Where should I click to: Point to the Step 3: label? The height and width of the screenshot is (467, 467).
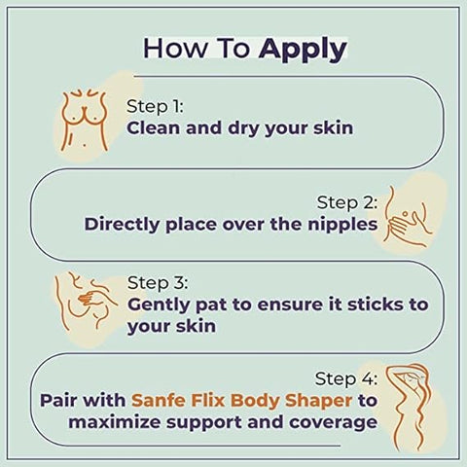(158, 282)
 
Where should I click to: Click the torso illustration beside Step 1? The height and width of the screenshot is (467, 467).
(85, 115)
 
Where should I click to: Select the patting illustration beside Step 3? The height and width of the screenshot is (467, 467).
(87, 297)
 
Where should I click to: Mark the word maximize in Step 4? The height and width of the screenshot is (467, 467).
(123, 423)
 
